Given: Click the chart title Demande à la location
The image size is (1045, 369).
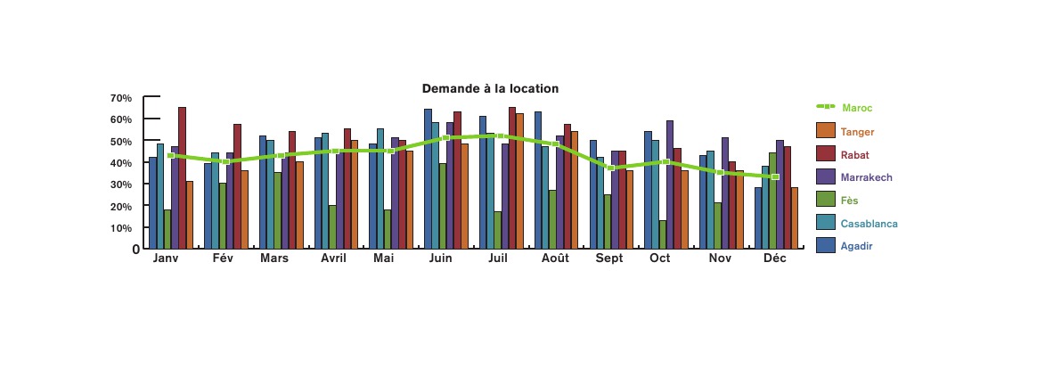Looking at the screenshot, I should (490, 89).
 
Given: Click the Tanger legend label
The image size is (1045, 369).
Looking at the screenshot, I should (857, 132).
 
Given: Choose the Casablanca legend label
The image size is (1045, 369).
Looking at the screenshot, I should (869, 224).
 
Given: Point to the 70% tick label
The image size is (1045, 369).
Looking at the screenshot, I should (121, 98).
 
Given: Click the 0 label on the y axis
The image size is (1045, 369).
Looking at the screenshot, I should (135, 250).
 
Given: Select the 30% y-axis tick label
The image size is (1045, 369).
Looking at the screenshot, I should (121, 184).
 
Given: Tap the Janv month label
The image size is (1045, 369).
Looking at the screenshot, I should (166, 258).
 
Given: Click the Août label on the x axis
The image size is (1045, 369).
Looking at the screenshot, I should (555, 258).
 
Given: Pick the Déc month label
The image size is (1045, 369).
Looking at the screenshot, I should (775, 258).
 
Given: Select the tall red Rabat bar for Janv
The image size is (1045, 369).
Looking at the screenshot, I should (182, 177).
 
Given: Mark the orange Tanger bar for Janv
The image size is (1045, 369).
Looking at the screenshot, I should (190, 215).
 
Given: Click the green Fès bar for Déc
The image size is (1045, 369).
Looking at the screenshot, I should (772, 205).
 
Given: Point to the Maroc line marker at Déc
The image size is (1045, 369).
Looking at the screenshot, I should (775, 176).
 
